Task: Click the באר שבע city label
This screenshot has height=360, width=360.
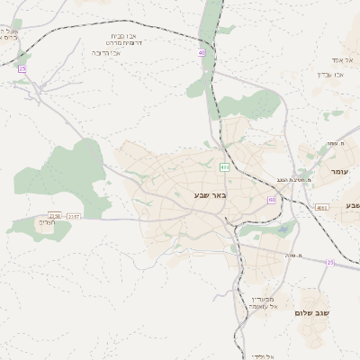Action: click(x=211, y=195)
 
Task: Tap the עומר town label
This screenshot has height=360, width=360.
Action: click(x=339, y=171)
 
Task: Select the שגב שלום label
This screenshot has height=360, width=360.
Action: click(x=312, y=312)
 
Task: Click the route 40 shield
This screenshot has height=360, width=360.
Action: click(x=202, y=54)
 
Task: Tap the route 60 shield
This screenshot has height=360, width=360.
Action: click(x=272, y=200)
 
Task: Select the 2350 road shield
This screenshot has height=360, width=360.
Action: click(x=56, y=216)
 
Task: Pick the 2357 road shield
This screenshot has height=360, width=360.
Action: click(x=74, y=216)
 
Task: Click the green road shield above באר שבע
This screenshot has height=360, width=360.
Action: click(x=223, y=167)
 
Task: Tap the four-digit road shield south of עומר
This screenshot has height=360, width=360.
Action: click(x=322, y=208)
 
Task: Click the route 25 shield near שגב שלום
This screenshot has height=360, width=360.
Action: click(x=330, y=263)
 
